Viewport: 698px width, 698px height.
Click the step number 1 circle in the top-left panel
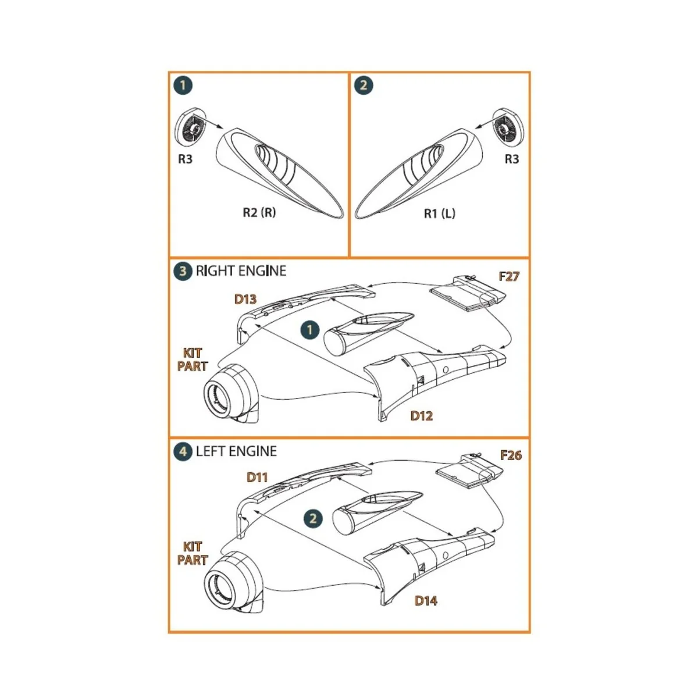pos(183,86)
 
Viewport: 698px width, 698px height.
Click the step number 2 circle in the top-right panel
pos(364,86)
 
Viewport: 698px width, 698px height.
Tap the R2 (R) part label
pos(259,212)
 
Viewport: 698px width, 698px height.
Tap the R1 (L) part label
pos(439,213)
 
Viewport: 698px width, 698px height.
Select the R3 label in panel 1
pos(185,159)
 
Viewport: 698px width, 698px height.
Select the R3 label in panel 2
pos(511,159)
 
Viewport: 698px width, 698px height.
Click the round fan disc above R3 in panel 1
pos(191,126)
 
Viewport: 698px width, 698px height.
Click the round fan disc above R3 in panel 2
pos(505,126)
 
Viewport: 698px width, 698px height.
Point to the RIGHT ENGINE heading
pos(241,271)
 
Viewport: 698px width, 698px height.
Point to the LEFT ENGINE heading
pos(236,451)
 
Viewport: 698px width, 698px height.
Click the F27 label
pos(508,276)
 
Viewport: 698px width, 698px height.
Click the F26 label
pos(511,455)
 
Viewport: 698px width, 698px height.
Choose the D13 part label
pos(245,299)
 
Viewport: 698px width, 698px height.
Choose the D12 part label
pos(421,416)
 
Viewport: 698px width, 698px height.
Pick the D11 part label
pos(257,477)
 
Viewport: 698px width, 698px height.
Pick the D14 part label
pos(426,601)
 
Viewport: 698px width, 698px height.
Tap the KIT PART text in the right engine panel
pos(193,359)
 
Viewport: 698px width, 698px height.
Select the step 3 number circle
pos(183,271)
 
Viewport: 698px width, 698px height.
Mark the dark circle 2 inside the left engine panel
pos(313,518)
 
